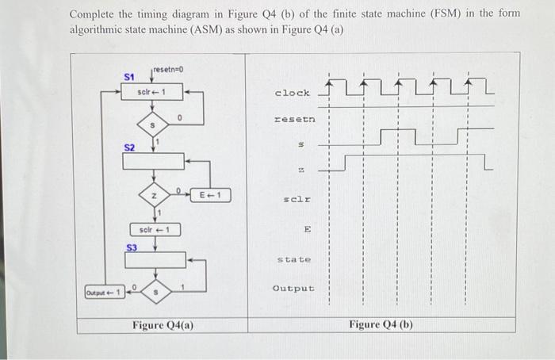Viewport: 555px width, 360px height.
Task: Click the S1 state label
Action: [129, 76]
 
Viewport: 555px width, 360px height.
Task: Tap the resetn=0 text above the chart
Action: [168, 70]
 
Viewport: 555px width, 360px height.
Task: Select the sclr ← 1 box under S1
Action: [152, 92]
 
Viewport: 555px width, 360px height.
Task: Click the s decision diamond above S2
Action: [152, 126]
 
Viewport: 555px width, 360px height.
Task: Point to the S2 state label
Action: [129, 147]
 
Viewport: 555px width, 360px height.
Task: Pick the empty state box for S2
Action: [152, 161]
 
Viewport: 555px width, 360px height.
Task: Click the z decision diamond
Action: [152, 194]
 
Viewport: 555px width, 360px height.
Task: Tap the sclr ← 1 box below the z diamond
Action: [155, 230]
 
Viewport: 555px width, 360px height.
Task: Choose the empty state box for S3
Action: [154, 260]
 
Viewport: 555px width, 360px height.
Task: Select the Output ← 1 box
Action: [105, 293]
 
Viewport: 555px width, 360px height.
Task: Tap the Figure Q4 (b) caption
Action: [381, 324]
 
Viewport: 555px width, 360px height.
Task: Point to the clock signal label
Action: [292, 93]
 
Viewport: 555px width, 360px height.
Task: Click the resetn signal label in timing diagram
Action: [294, 120]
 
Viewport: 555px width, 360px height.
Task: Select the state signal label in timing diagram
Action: [294, 259]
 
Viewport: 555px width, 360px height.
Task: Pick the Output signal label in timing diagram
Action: [293, 288]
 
